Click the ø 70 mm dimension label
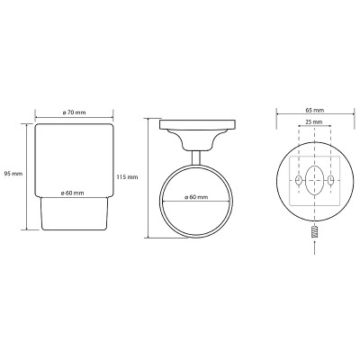[x=74, y=112]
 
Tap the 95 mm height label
[x=13, y=174]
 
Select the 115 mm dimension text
[x=127, y=177]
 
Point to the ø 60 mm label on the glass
[x=72, y=193]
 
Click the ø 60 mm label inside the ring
[x=196, y=197]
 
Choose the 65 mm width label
[x=315, y=110]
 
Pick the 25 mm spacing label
[x=314, y=122]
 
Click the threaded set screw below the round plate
[x=314, y=233]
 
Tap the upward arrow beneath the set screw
[x=314, y=248]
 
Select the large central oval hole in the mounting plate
[x=314, y=180]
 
